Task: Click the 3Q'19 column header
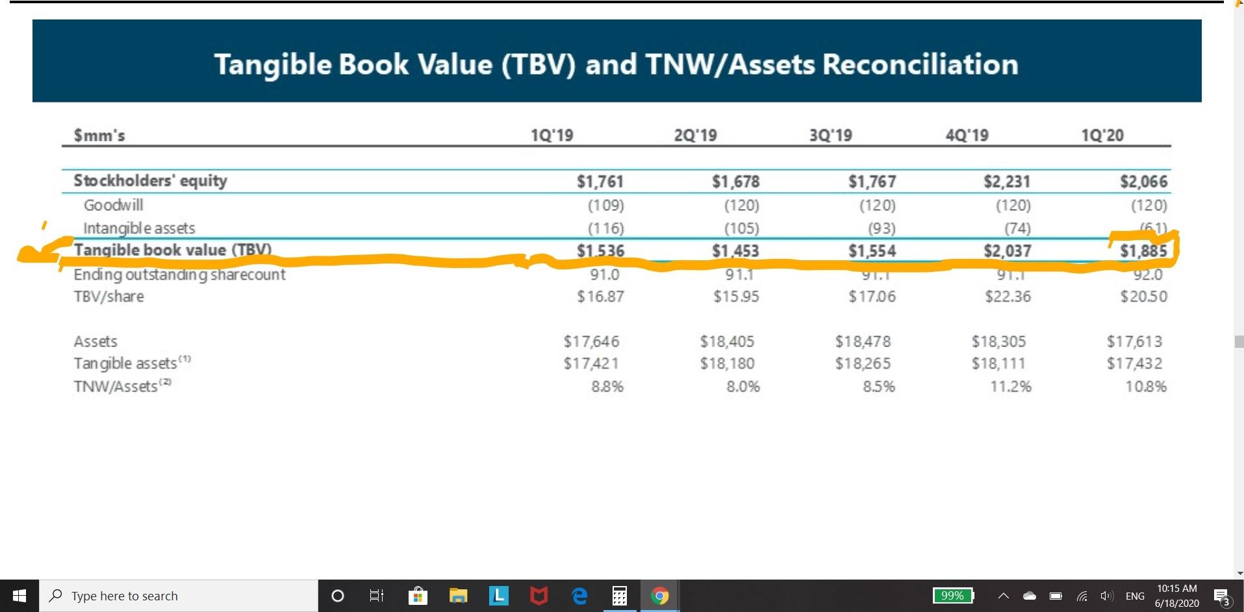pos(830,135)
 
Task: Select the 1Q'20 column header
pos(1102,135)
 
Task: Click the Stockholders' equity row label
pos(150,180)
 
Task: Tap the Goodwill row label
pos(113,205)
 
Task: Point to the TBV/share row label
pos(108,297)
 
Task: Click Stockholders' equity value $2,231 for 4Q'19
pos(1006,182)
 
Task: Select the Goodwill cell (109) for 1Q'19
pos(605,206)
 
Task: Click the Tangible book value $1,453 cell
pos(735,251)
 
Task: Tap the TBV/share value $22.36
pos(1008,297)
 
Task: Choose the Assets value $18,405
pos(727,341)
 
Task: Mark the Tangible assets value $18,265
pos(863,363)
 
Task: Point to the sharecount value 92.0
pos(1148,275)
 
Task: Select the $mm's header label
pos(99,135)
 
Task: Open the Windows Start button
pos(19,596)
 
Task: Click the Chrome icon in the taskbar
pos(659,596)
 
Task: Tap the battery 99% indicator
pos(953,596)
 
